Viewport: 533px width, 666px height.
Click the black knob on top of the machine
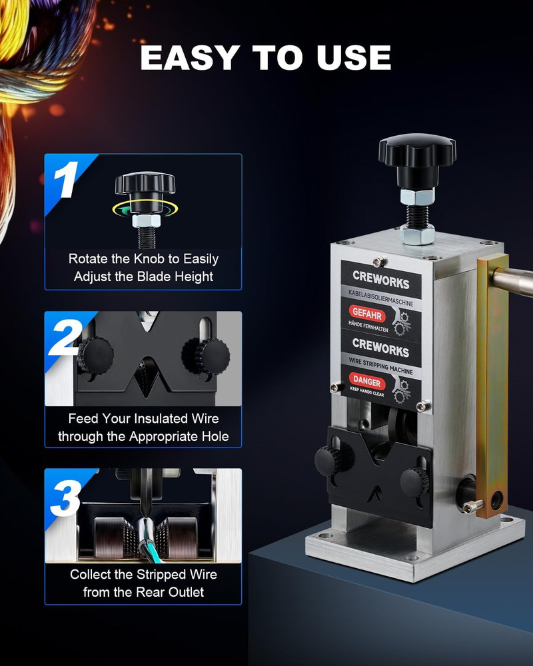point(417,155)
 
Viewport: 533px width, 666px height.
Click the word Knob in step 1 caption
point(144,259)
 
